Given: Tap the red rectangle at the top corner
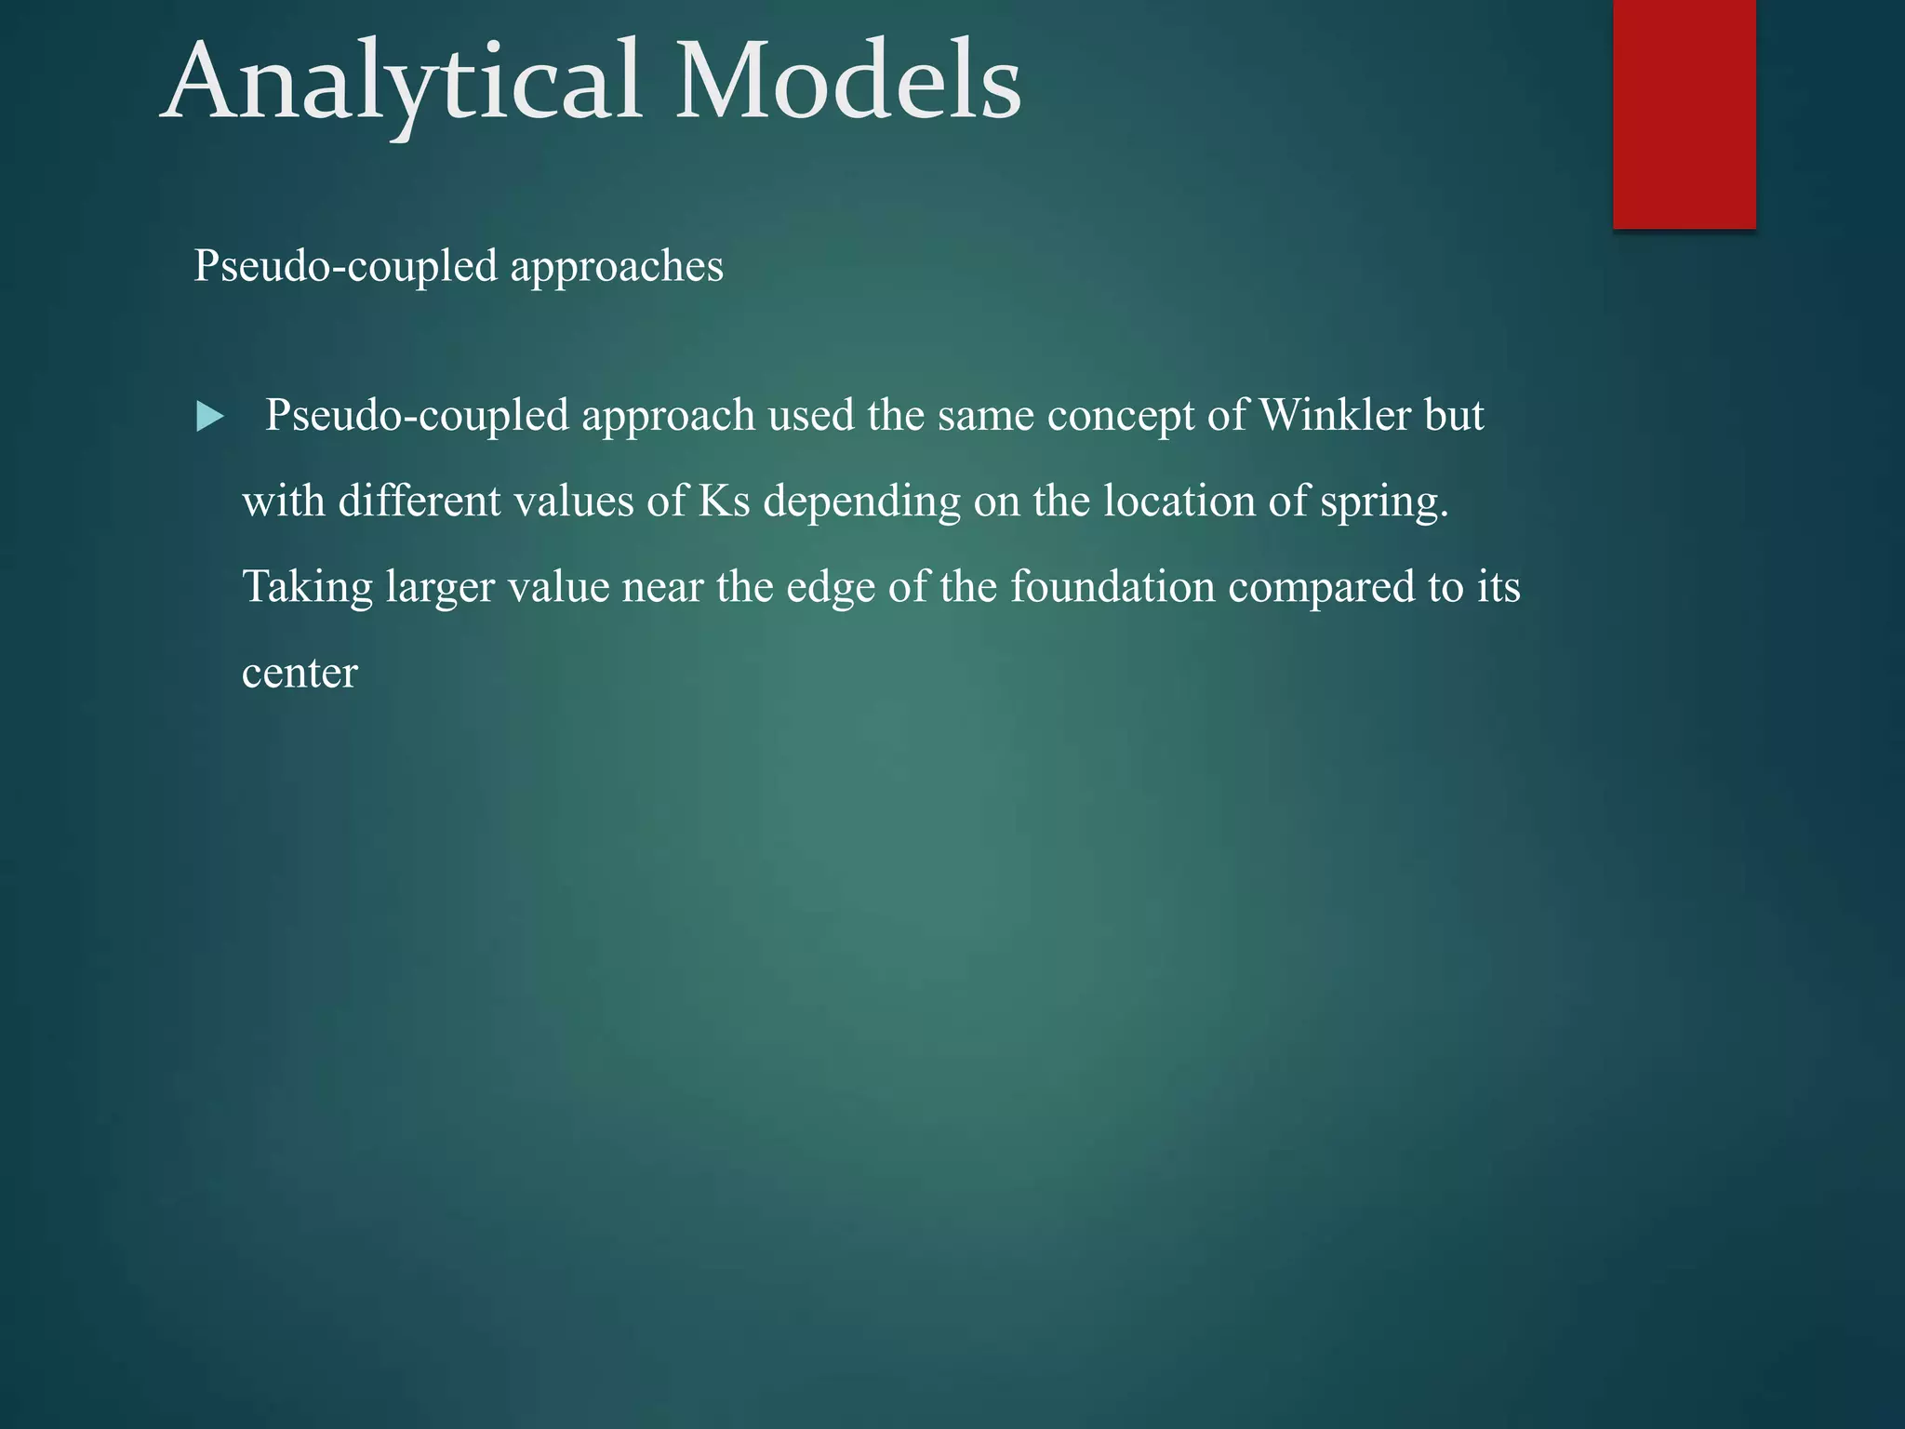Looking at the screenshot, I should click(x=1684, y=114).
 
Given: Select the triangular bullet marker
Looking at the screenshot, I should click(x=210, y=417).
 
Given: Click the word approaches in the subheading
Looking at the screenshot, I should click(x=616, y=267).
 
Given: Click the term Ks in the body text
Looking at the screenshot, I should click(x=724, y=501).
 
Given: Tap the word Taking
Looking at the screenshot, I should click(x=307, y=588).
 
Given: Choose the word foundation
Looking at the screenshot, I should click(x=1112, y=587).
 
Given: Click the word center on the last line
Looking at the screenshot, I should click(x=300, y=674).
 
